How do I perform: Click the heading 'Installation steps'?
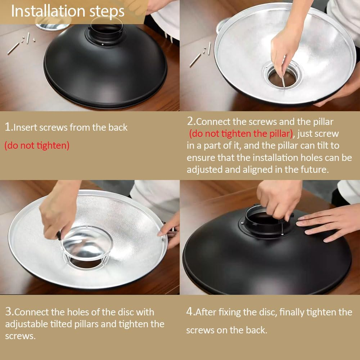(68, 11)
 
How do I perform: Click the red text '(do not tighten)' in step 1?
(37, 145)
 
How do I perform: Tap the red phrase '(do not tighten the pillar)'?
(241, 134)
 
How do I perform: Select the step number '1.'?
(9, 127)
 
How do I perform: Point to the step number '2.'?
(191, 121)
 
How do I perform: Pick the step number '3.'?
(9, 311)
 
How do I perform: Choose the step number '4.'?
(190, 311)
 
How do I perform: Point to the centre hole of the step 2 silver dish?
(282, 78)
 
